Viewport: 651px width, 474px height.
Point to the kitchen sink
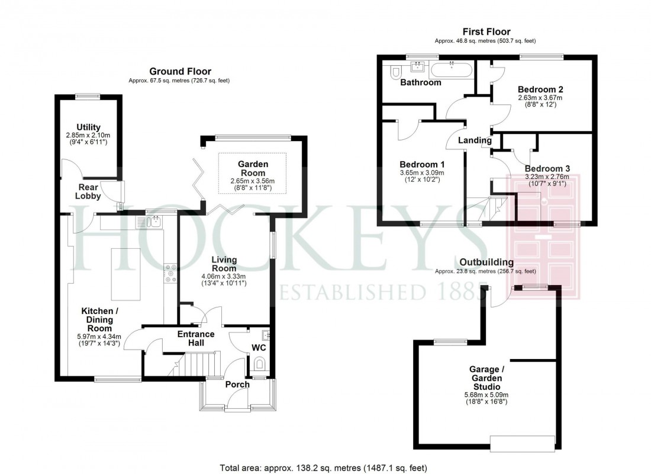[x=153, y=223]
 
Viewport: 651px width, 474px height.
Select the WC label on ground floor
[x=259, y=348]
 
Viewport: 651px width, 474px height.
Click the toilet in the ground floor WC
[x=259, y=371]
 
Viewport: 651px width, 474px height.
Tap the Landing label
[x=475, y=141]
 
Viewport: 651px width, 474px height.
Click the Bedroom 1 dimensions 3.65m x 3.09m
[x=421, y=173]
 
